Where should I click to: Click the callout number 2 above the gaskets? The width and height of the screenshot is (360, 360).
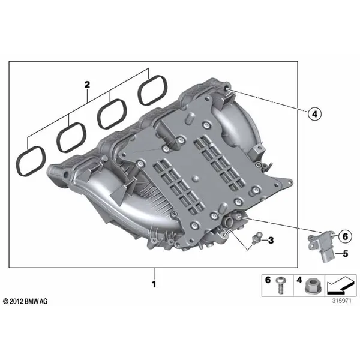pos(87,85)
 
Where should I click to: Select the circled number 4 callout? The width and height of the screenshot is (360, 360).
pos(314,114)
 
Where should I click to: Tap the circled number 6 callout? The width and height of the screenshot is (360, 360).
pos(345,236)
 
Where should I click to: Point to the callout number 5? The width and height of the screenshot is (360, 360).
pos(346,253)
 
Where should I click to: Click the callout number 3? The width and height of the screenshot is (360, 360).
pos(271,241)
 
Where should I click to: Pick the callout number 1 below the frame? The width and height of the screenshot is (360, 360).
pos(154,284)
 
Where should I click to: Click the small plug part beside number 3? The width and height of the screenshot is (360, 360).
pos(257,238)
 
